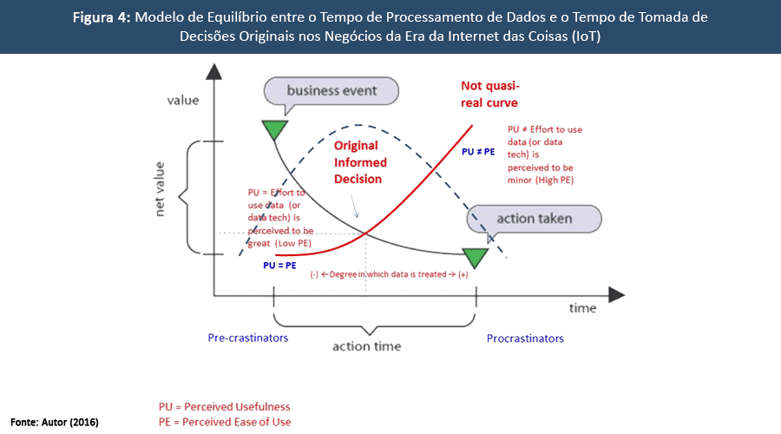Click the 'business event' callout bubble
[331, 91]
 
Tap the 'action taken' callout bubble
[532, 219]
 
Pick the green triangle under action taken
[476, 257]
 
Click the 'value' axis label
[182, 100]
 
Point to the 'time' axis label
[582, 308]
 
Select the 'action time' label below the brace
[367, 346]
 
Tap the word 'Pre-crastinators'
[248, 338]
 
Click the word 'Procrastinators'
[525, 338]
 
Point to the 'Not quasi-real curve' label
[489, 95]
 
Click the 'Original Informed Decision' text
[361, 162]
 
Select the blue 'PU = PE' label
[280, 266]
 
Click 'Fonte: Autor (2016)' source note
[54, 422]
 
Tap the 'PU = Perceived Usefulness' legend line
[224, 406]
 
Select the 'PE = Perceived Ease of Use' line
[225, 422]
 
